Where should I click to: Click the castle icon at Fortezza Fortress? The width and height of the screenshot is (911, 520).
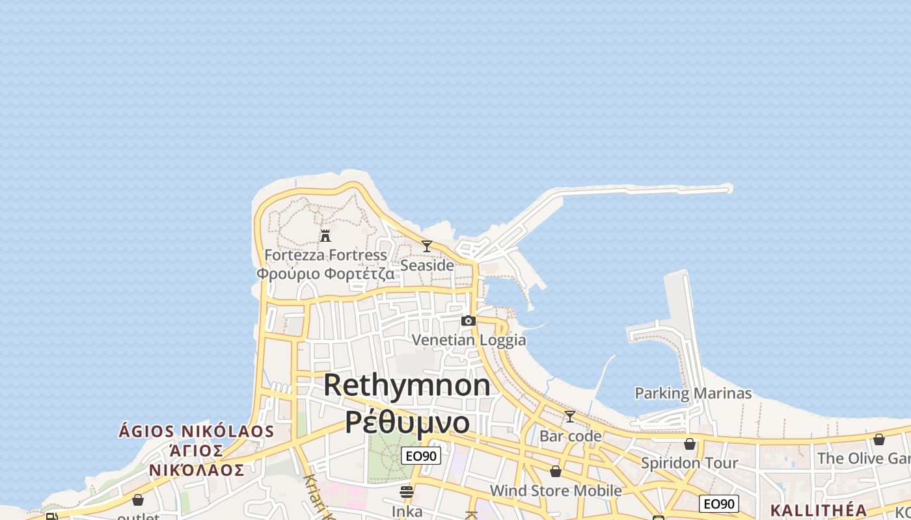pos(325,235)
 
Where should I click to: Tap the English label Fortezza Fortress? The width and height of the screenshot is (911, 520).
pos(325,255)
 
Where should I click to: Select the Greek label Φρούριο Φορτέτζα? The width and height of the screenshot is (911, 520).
pos(325,274)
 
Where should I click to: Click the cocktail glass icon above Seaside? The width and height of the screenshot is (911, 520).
pos(427,246)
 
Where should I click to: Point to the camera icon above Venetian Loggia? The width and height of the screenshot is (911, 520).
pos(469,320)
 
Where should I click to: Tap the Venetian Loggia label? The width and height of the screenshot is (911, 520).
pos(469,340)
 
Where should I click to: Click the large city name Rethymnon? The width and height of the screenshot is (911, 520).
pos(407,385)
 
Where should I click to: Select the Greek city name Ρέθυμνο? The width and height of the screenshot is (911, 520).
pos(407,422)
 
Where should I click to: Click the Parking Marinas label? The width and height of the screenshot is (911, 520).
pos(693,393)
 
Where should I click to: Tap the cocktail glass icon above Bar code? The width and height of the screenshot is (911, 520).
pos(570,417)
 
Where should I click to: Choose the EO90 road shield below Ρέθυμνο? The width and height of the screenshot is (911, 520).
pos(421,456)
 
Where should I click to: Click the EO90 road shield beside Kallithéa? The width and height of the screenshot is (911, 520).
pos(719,503)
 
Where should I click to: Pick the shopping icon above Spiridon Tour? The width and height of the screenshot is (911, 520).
pos(690,444)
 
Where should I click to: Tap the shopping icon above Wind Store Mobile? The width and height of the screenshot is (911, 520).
pos(556,471)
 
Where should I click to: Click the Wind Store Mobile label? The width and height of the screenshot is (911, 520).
pos(556,490)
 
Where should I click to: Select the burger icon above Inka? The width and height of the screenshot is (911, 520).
pos(407,492)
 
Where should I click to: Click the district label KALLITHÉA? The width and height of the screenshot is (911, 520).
pos(819,510)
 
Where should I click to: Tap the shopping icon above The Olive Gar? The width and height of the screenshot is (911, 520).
pos(879,439)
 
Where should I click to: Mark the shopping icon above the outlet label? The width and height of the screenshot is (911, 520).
pos(138,500)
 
